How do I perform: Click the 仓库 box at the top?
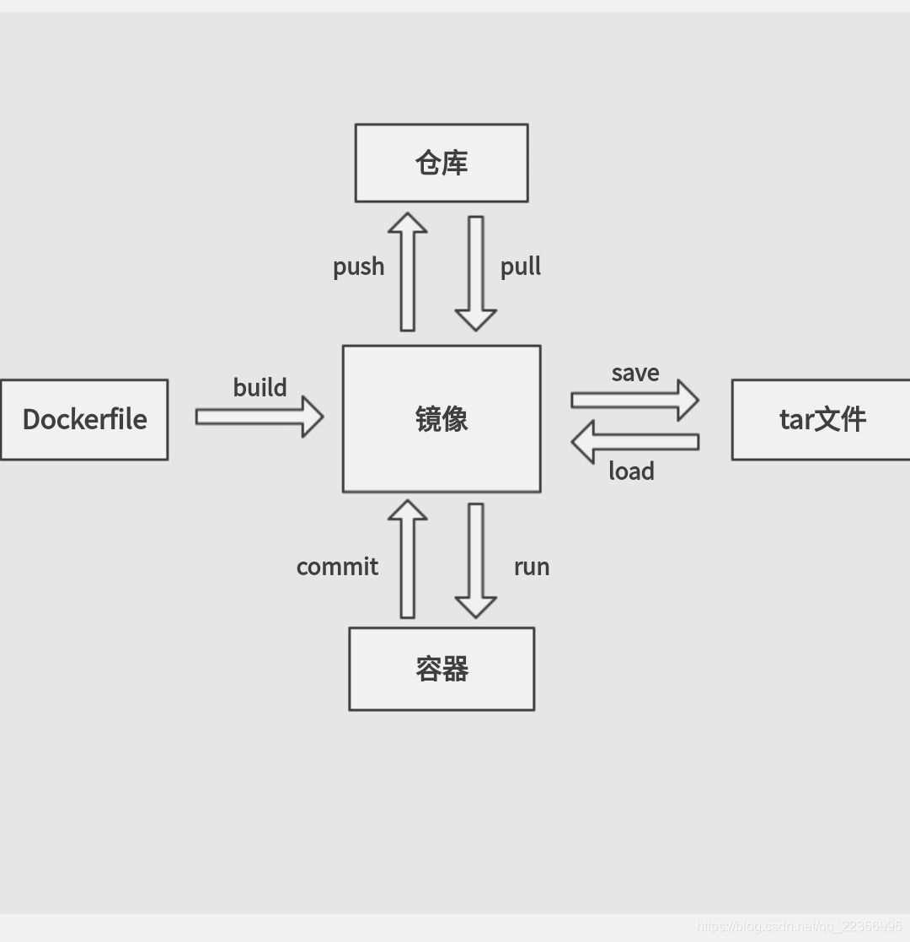442,163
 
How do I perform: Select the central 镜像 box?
442,418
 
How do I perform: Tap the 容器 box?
442,669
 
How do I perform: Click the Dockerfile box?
84,419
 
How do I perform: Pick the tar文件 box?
822,419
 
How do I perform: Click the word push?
359,267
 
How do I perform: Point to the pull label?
521,267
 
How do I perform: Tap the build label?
260,388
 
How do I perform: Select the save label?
635,373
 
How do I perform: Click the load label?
631,471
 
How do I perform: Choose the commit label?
337,567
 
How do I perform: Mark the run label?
532,567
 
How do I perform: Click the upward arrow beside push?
408,272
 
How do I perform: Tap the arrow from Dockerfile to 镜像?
260,417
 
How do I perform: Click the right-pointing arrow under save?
634,400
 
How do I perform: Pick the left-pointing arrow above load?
634,441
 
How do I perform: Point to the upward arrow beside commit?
408,558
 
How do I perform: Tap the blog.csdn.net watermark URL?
799,927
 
